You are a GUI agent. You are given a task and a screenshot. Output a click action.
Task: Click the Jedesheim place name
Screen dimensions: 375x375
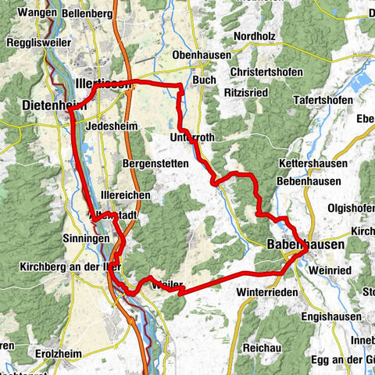[106, 124]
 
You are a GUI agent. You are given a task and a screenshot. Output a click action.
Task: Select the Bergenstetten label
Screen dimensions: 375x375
[155, 163]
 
